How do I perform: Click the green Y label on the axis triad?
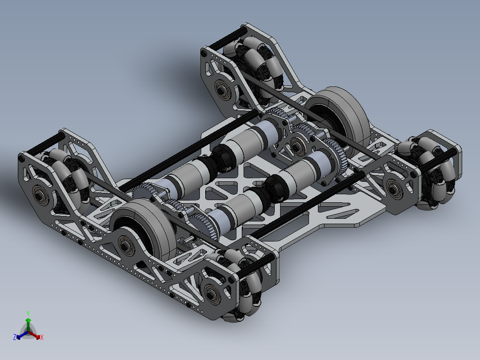point(28,313)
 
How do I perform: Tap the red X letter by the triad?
point(42,338)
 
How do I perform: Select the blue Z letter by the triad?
point(15,338)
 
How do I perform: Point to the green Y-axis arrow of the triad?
point(28,323)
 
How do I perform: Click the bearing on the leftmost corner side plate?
point(40,194)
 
